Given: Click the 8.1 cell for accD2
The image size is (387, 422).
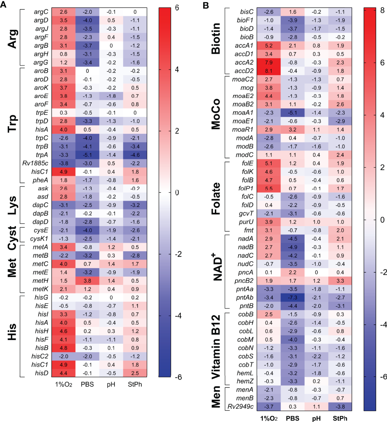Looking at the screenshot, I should coord(268,71).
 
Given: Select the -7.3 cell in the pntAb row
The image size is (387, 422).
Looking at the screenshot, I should coord(293,297).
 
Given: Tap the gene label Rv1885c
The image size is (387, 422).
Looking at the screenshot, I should coord(35,163).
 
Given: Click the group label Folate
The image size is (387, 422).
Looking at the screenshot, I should coord(216,198).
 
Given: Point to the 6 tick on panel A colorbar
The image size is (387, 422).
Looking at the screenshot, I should coord(177,8).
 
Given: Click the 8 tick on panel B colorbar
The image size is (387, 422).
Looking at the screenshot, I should coord(382,10).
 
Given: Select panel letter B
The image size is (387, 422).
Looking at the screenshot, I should coord(206,5).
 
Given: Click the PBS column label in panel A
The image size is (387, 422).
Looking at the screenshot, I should coord(87,384).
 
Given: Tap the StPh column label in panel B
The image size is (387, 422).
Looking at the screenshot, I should coord(340,418).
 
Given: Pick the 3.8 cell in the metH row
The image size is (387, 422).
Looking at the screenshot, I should coord(87,281).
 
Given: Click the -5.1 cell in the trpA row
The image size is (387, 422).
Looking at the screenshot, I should coord(87,155).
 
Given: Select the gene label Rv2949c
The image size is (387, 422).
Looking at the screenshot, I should coord(240,406).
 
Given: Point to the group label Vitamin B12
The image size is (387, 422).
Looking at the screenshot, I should coord(216,347).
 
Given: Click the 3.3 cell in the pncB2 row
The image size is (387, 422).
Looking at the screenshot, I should coord(340,281).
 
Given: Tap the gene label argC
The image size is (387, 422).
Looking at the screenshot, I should coord(41,12).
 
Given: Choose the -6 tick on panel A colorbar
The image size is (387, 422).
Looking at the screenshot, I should coord(178,377).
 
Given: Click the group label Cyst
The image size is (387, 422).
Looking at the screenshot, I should coord(12,238).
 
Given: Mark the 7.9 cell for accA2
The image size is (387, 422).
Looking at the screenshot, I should coord(268,63).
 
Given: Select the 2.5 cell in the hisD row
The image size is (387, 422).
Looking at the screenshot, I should coord(135,373).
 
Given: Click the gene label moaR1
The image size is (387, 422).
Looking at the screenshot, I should coord(243,130).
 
